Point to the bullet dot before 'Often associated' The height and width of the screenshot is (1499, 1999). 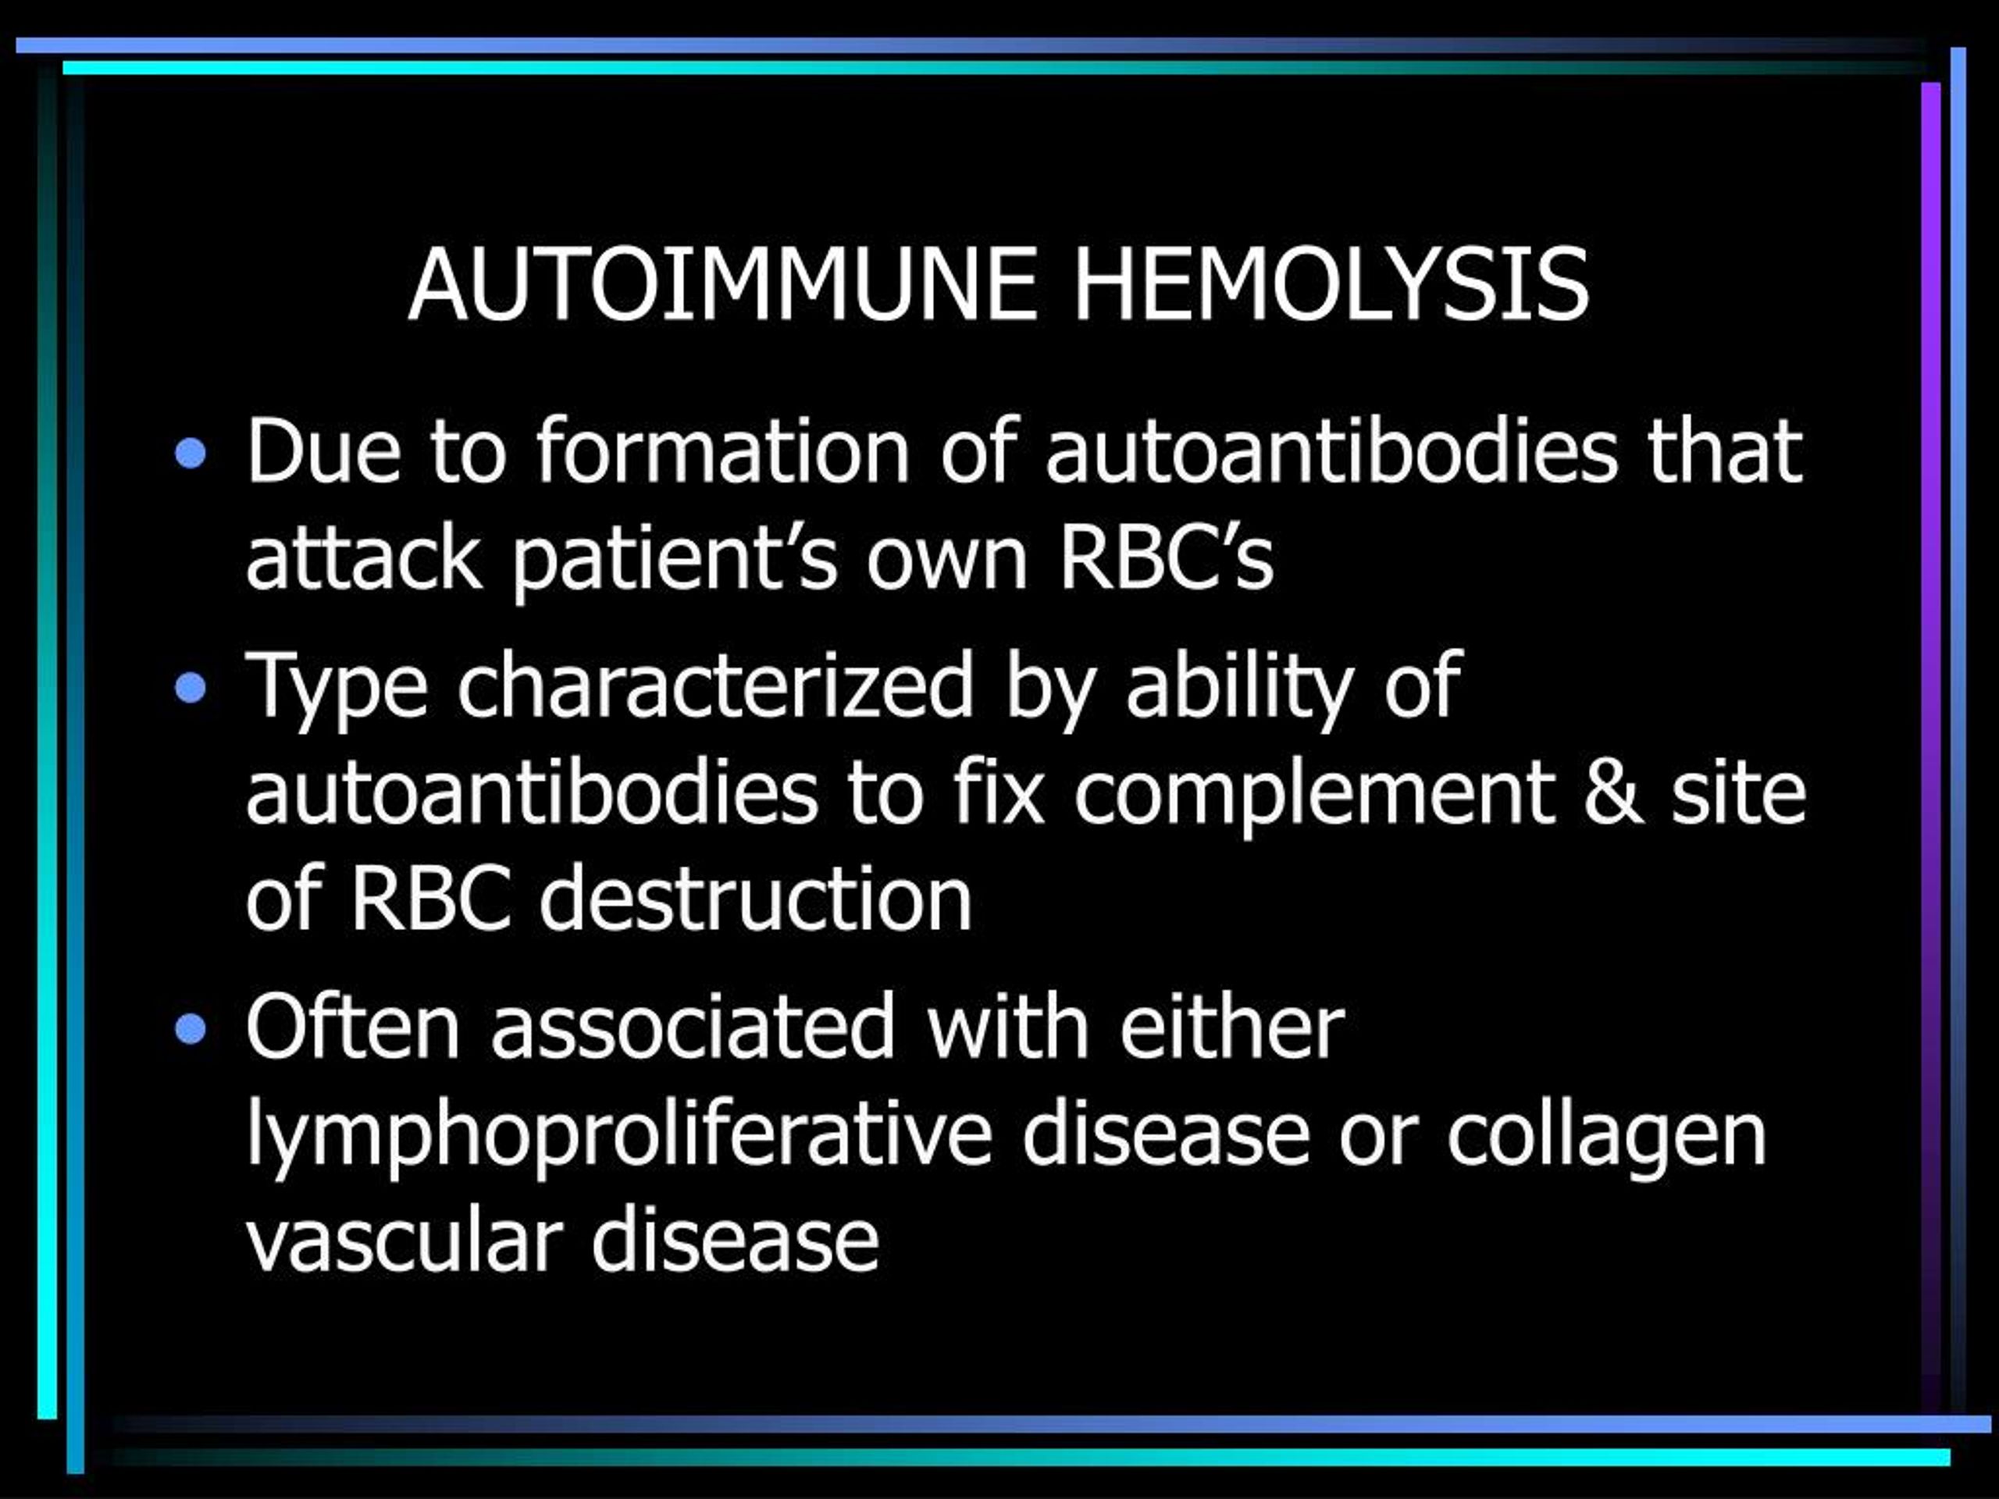click(191, 1028)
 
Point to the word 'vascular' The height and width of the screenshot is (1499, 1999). click(404, 1240)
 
